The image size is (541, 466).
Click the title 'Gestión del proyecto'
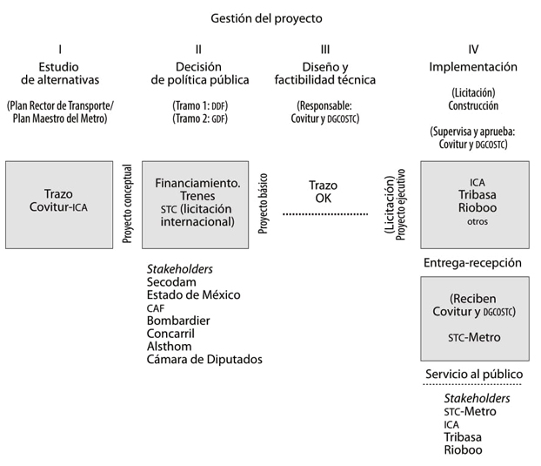click(x=266, y=18)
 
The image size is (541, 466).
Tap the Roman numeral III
click(x=325, y=50)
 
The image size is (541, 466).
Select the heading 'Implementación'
click(x=473, y=67)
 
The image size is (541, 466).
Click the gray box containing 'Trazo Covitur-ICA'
click(x=59, y=205)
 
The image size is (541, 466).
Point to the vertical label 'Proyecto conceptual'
click(x=127, y=204)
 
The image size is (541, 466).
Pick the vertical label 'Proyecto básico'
click(x=263, y=204)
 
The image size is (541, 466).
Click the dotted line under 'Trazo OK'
click(x=325, y=214)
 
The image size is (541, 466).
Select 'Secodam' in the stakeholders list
click(x=171, y=282)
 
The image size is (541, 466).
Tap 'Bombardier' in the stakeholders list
click(x=178, y=321)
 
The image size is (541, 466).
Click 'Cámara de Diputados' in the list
click(x=204, y=360)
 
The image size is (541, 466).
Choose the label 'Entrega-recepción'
click(x=472, y=263)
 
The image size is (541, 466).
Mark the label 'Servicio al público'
click(x=474, y=375)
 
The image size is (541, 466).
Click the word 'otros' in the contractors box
click(x=478, y=221)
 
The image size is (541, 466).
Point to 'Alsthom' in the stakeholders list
click(x=169, y=347)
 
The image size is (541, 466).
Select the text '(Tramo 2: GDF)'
click(x=200, y=118)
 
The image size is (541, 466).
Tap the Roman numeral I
click(x=60, y=50)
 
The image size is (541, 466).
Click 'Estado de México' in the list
click(x=194, y=295)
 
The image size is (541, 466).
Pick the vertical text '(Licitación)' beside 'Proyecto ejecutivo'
click(x=390, y=205)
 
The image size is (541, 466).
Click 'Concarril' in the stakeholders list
click(x=170, y=334)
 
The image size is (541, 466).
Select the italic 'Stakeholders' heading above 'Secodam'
click(x=180, y=269)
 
